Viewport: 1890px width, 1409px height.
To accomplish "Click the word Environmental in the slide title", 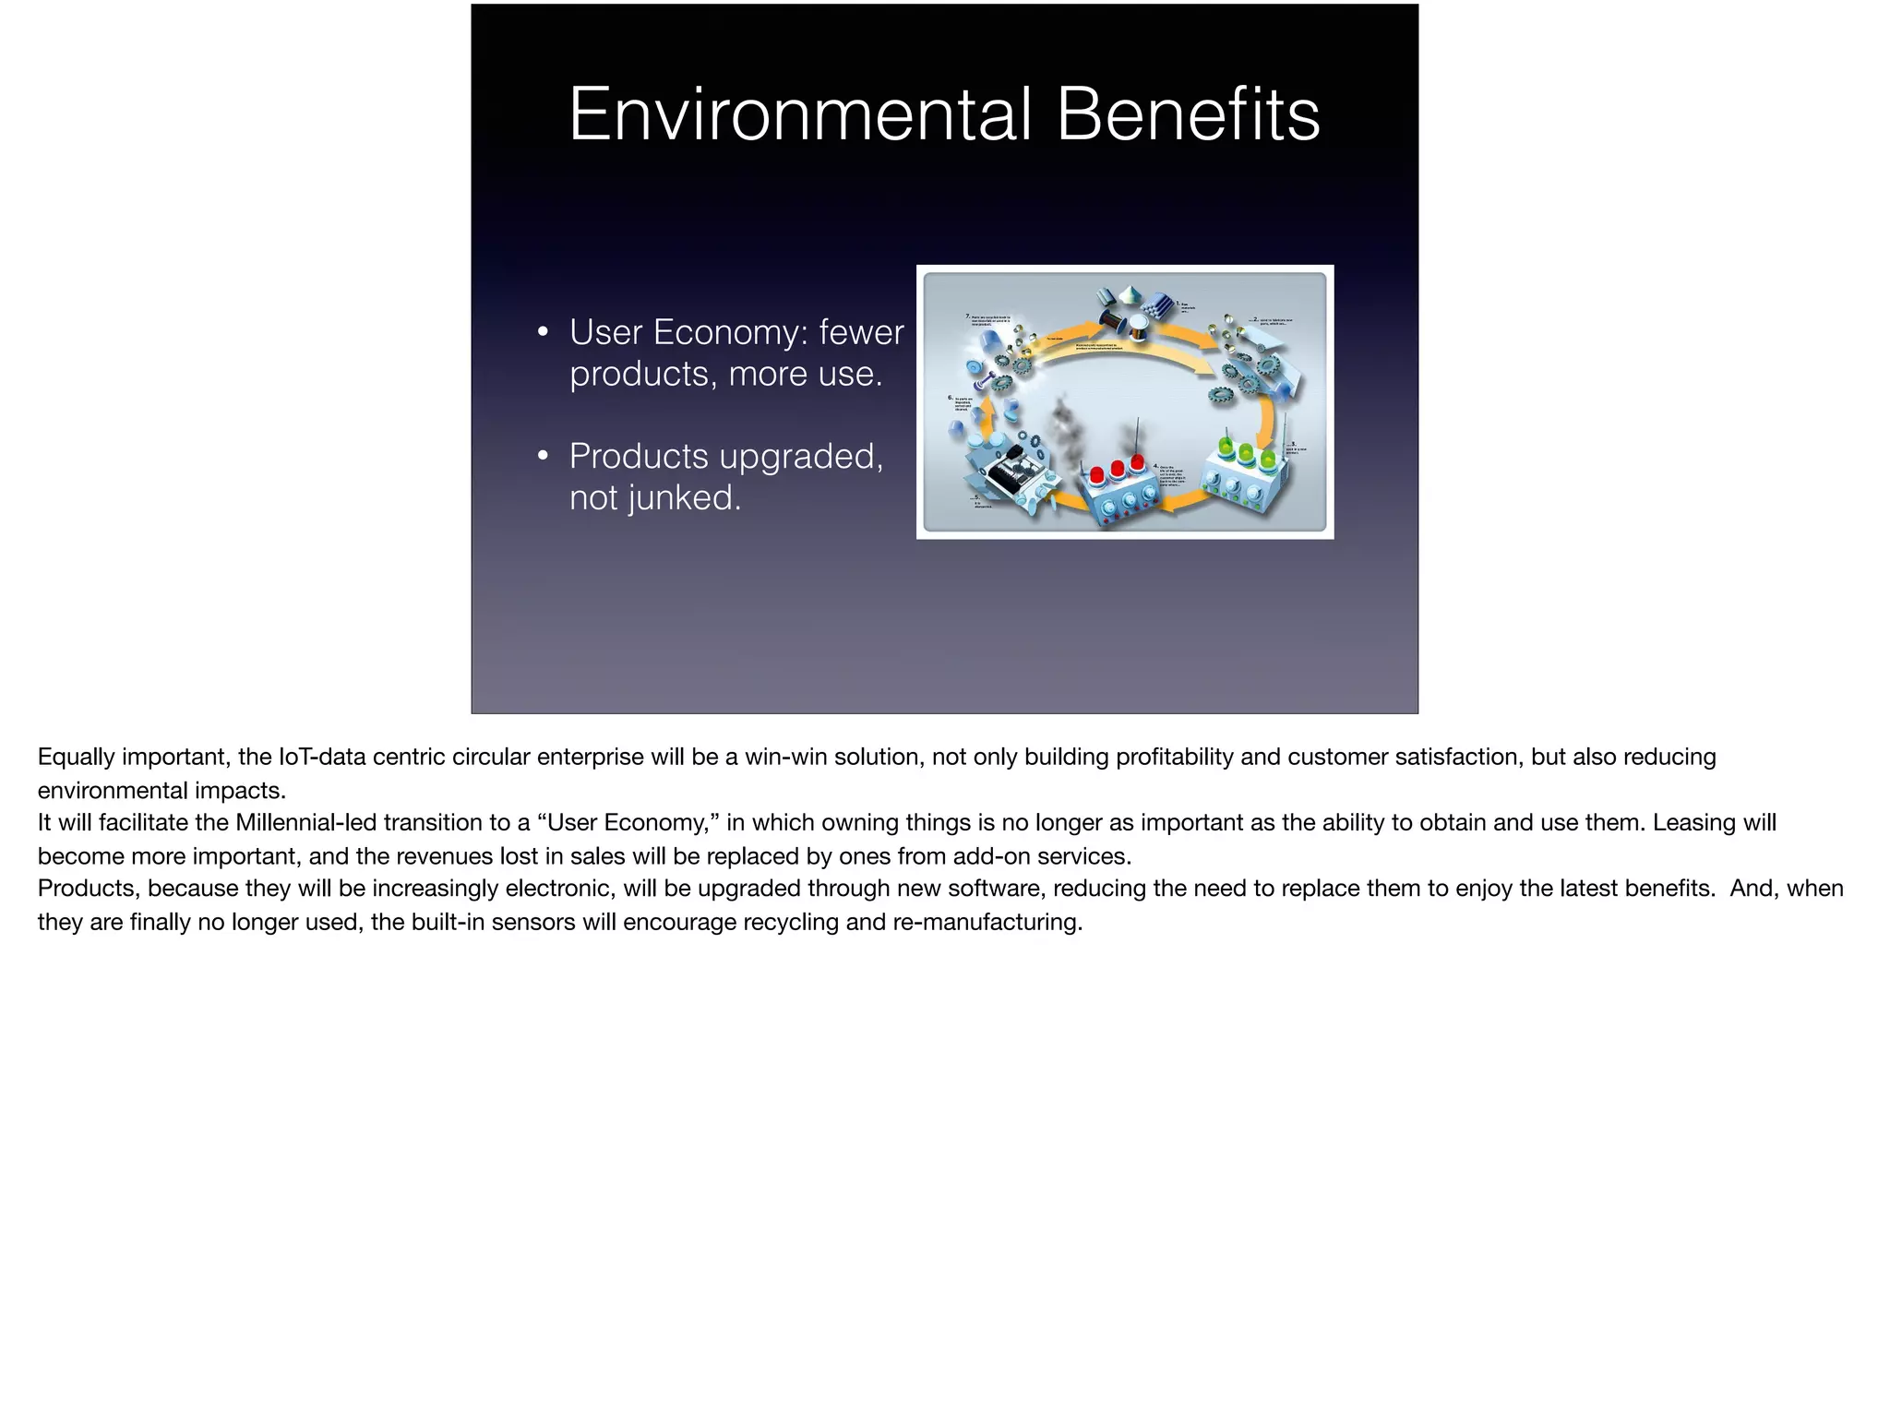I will pyautogui.click(x=799, y=114).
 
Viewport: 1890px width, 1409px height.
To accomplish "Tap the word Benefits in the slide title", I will pyautogui.click(x=1188, y=114).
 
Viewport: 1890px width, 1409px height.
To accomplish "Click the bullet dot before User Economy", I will pyautogui.click(x=544, y=332).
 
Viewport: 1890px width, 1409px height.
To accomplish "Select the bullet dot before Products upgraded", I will pyautogui.click(x=544, y=456).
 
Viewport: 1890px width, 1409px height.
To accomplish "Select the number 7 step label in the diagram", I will pyautogui.click(x=967, y=316).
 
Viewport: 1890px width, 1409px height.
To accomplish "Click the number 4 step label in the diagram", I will pyautogui.click(x=1156, y=466).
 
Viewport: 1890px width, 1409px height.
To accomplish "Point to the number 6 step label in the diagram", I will pyautogui.click(x=951, y=397).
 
